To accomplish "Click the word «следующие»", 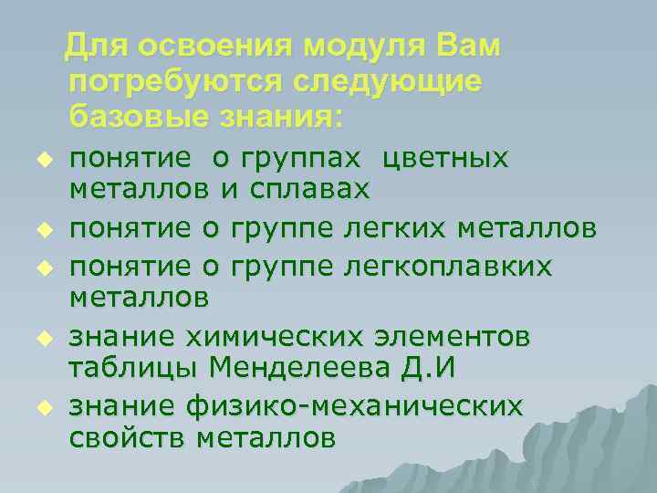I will click(x=388, y=81).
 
